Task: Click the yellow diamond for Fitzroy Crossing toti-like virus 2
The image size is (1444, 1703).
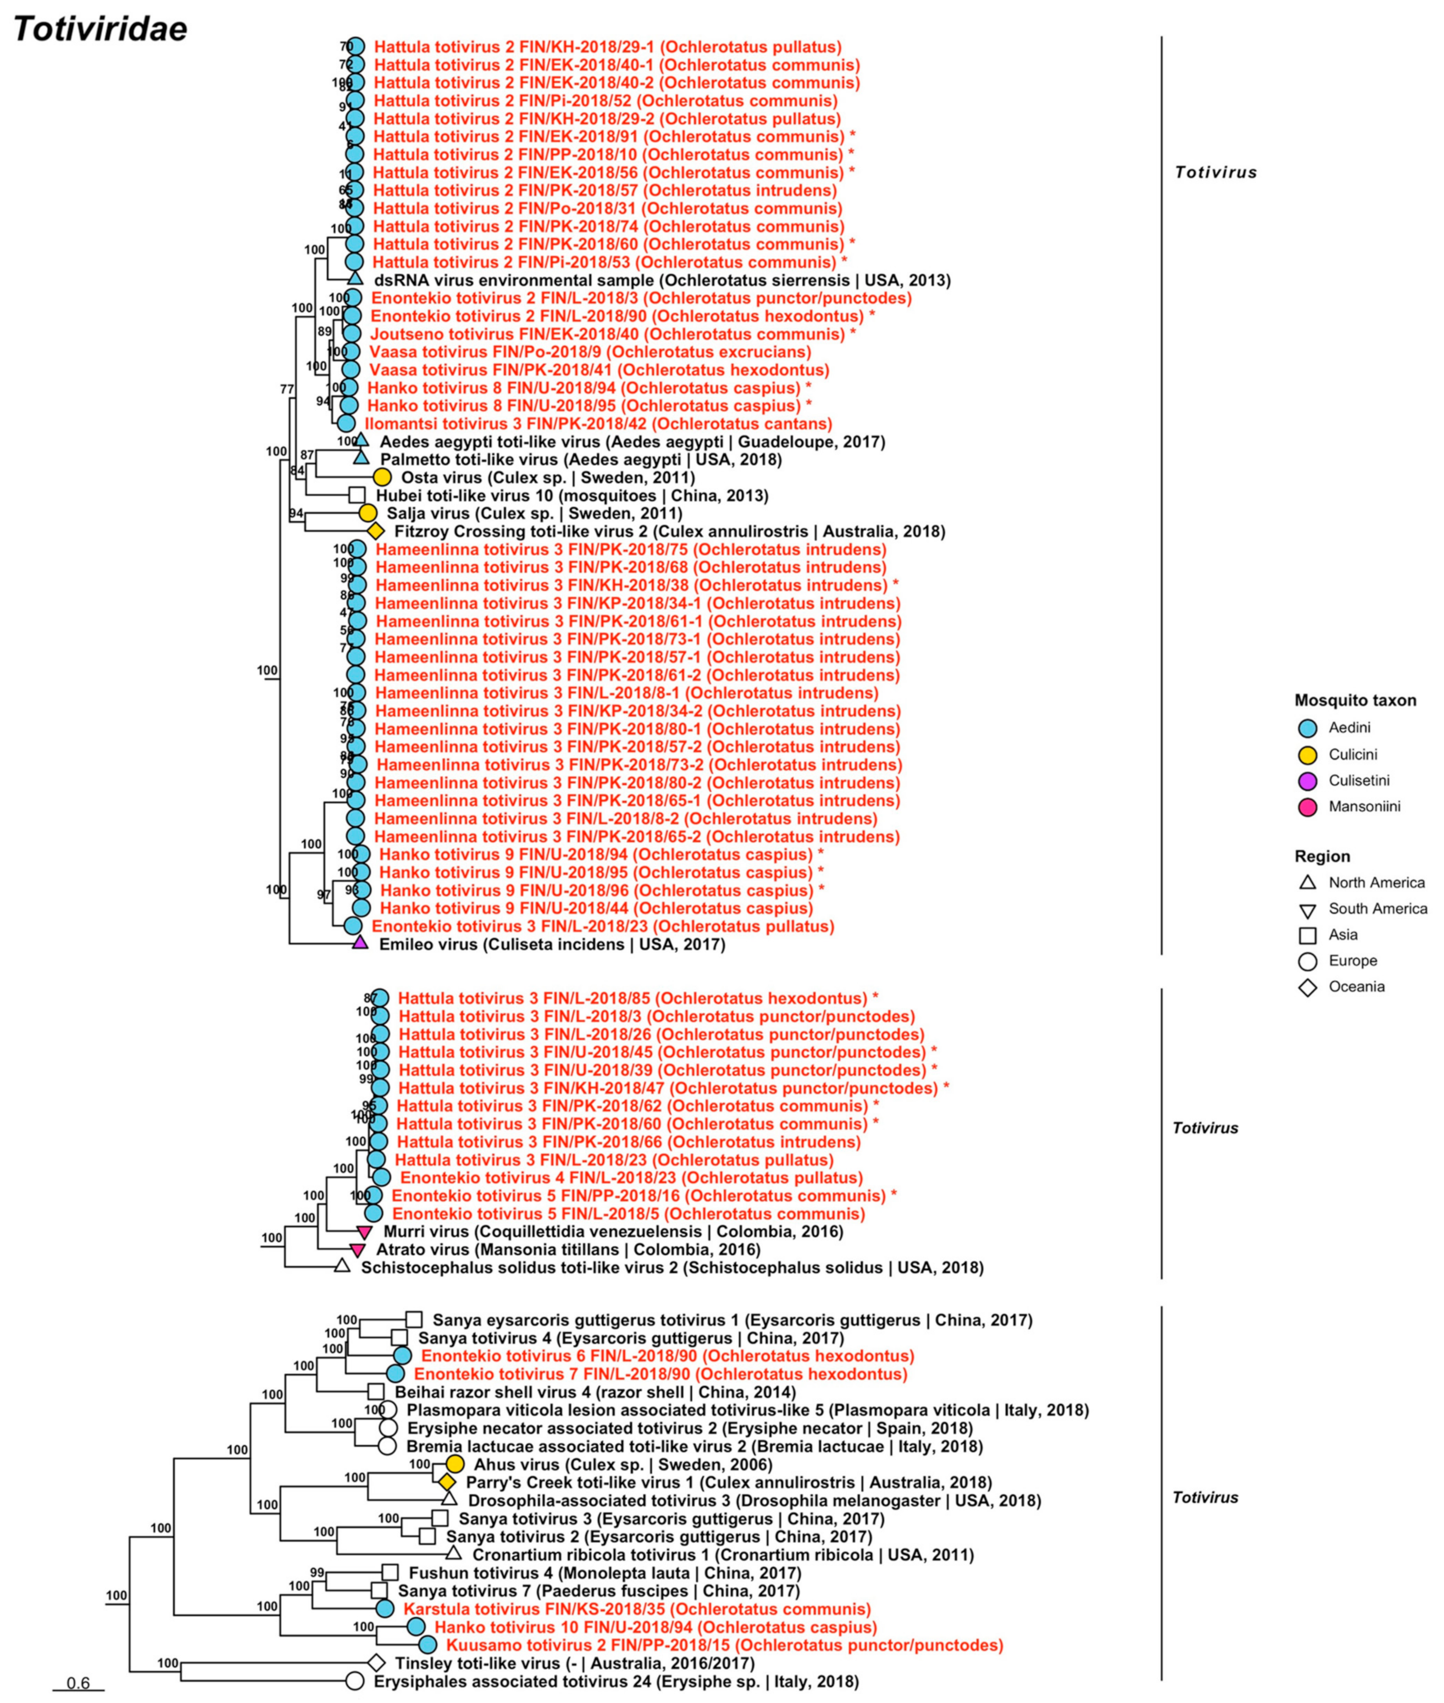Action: pos(376,531)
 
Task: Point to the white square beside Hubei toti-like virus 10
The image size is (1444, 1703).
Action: pos(357,495)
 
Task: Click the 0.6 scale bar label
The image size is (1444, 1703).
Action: pos(79,1683)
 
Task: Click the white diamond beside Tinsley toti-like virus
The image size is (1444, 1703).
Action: pos(376,1663)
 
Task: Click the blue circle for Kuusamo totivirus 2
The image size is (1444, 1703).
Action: pos(427,1645)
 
